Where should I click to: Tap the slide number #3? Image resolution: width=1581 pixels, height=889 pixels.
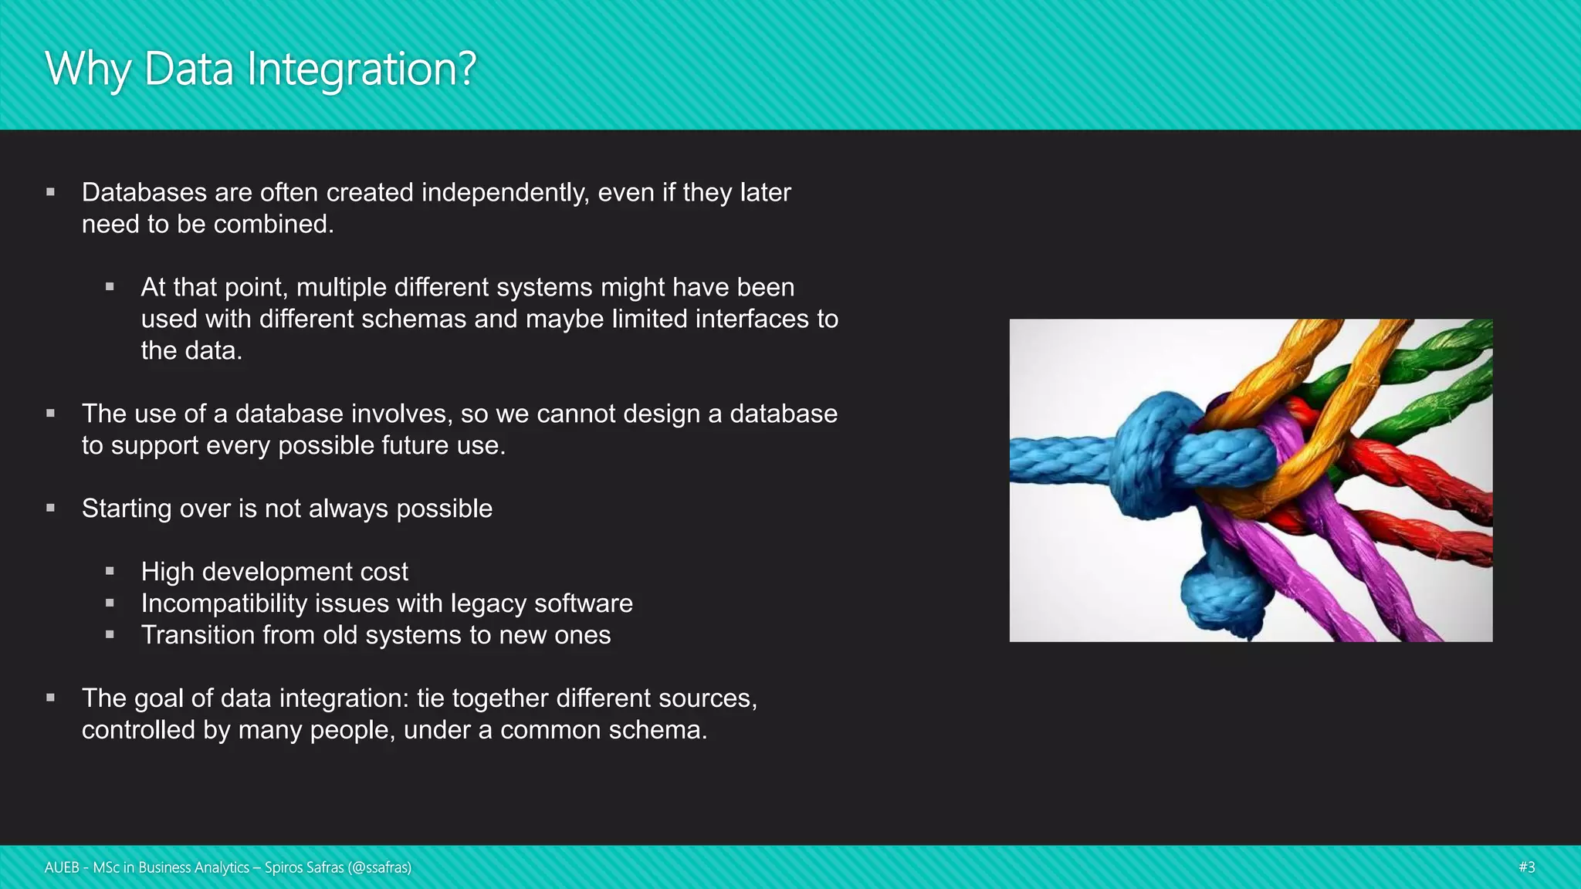point(1526,867)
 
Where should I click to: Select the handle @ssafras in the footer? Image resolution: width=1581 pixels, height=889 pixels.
point(379,867)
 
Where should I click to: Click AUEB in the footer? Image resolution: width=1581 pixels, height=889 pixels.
point(62,867)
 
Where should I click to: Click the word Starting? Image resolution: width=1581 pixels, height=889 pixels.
point(127,509)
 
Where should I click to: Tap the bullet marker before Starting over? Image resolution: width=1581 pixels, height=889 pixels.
point(50,508)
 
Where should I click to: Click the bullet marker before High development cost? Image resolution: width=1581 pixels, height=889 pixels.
point(110,571)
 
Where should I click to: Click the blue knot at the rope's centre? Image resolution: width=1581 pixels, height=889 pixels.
point(1158,455)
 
